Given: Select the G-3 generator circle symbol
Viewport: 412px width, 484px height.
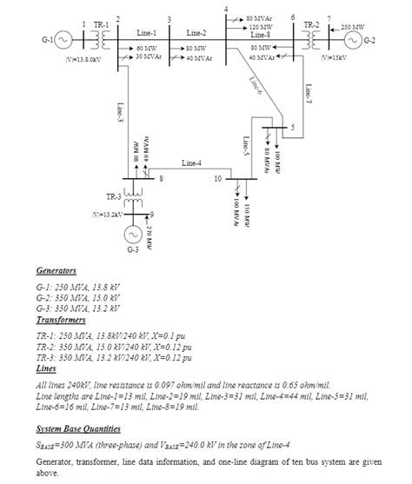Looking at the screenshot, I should click(133, 235).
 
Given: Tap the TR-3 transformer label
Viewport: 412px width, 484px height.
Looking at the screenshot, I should click(114, 196).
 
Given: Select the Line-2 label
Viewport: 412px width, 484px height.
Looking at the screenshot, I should click(196, 32).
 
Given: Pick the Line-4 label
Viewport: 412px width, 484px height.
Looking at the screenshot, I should click(192, 162).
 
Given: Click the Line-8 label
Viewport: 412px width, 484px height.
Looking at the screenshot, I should click(261, 34).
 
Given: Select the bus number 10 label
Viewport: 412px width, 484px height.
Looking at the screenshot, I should click(217, 179).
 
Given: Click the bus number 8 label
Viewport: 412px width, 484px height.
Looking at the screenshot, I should click(160, 179).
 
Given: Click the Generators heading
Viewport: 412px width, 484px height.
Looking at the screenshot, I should click(56, 271).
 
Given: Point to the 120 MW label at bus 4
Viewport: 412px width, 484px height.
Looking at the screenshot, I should click(260, 26).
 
